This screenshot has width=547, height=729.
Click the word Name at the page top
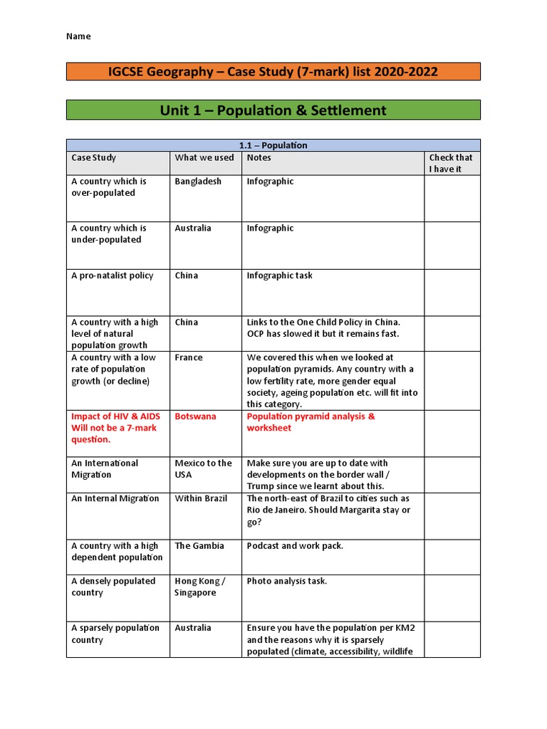78,36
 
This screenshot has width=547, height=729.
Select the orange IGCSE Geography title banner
273,71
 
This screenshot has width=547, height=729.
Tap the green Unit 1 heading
273,110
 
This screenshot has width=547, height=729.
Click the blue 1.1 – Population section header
273,145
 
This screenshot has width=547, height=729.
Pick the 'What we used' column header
204,157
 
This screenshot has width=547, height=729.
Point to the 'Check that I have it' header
451,163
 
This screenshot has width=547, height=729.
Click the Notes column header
259,157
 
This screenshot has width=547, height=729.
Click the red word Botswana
195,416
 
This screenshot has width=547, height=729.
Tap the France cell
189,357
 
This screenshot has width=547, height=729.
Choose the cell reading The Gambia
199,546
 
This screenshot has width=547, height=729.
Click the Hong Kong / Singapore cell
199,587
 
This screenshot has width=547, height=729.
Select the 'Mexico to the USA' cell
203,468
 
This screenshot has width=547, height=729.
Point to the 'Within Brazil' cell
201,498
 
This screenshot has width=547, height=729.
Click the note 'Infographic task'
279,276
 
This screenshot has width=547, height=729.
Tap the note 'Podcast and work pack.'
295,546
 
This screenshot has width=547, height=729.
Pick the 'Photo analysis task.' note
287,581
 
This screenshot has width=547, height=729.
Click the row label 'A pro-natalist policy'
112,276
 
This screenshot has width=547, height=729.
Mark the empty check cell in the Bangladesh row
452,199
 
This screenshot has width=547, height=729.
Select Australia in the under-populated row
193,229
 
